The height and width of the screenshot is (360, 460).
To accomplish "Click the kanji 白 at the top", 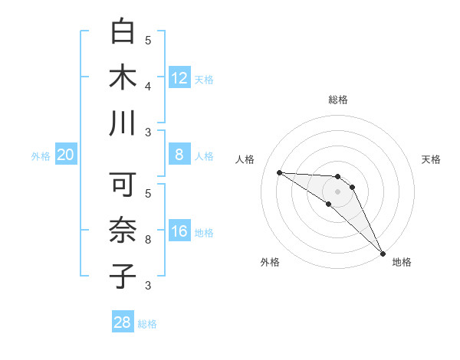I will (123, 32).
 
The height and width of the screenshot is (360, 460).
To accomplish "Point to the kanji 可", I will (123, 185).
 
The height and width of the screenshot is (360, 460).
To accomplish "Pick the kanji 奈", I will (123, 230).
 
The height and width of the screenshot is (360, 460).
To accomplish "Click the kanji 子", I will (123, 275).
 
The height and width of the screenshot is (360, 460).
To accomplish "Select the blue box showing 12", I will (179, 78).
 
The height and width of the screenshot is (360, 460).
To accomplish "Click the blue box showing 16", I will (179, 232).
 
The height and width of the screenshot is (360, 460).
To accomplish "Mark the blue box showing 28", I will (123, 322).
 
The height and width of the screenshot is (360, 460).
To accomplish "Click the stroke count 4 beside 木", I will (148, 87).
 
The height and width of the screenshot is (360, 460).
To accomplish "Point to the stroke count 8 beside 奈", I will (148, 240).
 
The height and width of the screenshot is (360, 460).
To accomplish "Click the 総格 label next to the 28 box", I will (147, 324).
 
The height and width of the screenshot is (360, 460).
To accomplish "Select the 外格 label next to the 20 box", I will (41, 156).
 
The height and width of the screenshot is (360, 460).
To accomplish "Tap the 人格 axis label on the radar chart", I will (245, 159).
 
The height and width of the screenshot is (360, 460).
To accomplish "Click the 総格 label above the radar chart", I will (338, 100).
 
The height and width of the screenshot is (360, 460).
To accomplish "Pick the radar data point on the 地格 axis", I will (383, 253).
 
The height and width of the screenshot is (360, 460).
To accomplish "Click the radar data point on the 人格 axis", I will (279, 172).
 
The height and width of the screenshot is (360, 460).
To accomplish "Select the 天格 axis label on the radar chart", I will (431, 159).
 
